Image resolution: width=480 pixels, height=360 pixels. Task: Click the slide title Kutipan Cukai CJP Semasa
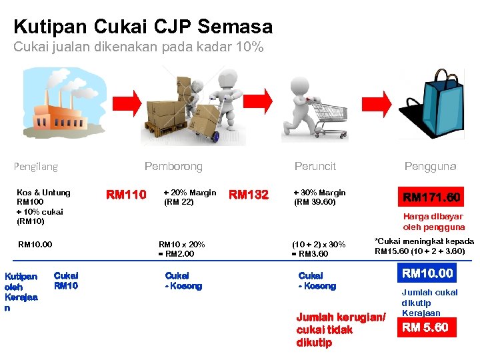[143, 27]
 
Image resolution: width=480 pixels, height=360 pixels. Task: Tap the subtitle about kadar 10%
[139, 48]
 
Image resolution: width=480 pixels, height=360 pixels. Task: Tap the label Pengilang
[36, 166]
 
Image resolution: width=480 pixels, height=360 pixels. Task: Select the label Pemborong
[173, 166]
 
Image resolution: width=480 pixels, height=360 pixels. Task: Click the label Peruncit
[315, 166]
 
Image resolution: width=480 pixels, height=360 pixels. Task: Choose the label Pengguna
[430, 166]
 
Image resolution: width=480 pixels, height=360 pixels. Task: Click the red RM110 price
[127, 195]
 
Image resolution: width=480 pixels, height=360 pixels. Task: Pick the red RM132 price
[248, 195]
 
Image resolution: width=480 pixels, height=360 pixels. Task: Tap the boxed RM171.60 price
[431, 197]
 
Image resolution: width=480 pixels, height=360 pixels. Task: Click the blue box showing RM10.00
[427, 273]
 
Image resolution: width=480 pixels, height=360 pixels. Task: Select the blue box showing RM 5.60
[427, 327]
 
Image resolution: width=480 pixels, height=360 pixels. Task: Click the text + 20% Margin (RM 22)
[189, 197]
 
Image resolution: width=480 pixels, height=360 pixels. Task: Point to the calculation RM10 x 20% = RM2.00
[181, 249]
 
